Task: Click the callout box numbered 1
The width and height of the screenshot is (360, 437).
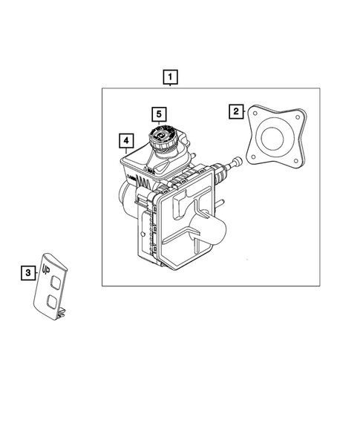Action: tap(171, 77)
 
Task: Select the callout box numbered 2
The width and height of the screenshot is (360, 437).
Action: tap(235, 112)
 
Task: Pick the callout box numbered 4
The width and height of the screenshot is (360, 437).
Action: tap(127, 139)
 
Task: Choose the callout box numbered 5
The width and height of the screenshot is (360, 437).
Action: tap(157, 114)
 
